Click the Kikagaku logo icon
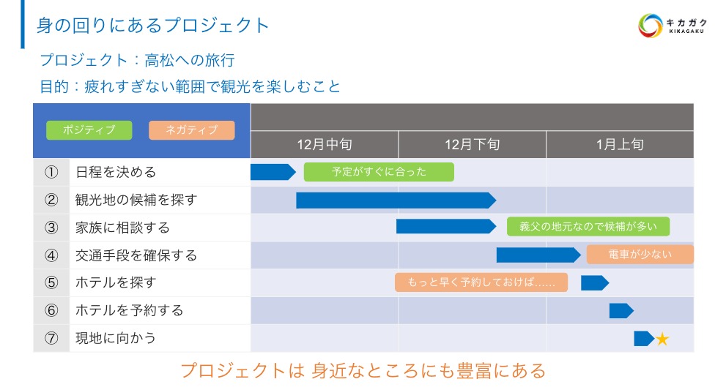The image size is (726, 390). coord(650,26)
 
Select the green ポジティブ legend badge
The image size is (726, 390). coord(89,130)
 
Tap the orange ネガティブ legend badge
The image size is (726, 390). coord(191,130)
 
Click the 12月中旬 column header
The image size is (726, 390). coord(325,144)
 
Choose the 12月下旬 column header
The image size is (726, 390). coord(473,144)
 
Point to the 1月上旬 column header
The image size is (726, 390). coord(620,144)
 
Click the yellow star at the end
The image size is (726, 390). coord(662,339)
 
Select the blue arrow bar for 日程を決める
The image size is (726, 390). coord(272,172)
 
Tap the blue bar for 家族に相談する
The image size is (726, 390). coord(445,227)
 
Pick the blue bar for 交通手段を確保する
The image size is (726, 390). coord(538,255)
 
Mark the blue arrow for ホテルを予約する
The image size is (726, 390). coord(621,310)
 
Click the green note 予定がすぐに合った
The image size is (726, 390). coord(379,172)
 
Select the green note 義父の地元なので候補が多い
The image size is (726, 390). coord(588,227)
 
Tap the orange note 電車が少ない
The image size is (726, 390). coord(640,255)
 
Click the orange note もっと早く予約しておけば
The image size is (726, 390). coord(481,282)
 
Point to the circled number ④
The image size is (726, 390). coord(51,255)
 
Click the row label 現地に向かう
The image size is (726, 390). coord(116,338)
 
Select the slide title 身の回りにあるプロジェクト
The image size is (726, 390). coord(153,26)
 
